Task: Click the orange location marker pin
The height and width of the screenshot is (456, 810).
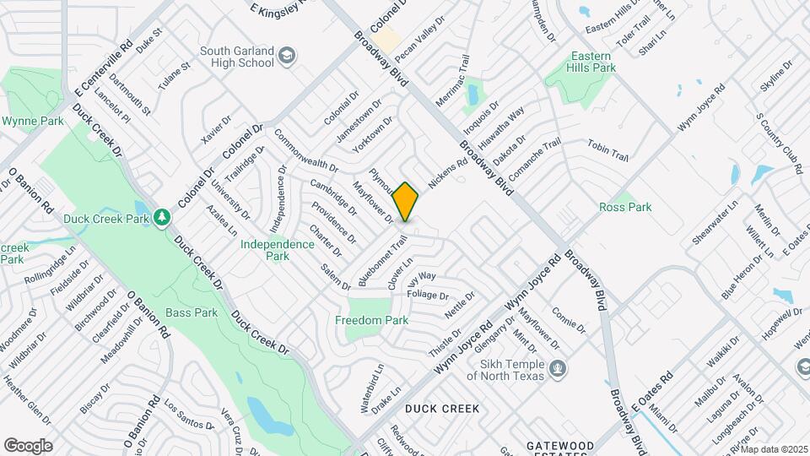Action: click(406, 202)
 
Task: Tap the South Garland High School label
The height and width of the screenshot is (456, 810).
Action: click(237, 57)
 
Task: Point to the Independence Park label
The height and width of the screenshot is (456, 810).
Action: click(277, 250)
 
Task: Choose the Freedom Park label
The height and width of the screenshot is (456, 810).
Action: click(371, 320)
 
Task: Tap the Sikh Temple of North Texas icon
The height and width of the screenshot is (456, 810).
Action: click(557, 368)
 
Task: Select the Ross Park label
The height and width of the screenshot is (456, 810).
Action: click(625, 207)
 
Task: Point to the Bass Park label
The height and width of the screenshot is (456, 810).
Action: click(192, 312)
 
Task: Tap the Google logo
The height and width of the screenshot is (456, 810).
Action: click(28, 445)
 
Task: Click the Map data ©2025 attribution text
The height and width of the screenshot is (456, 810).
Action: click(773, 449)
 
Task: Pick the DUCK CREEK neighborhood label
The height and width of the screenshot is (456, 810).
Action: click(442, 409)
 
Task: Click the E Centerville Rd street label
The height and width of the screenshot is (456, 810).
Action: click(103, 64)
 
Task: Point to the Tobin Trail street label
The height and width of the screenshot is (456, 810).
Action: click(608, 151)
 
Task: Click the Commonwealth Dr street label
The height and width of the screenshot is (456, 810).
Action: click(306, 150)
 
